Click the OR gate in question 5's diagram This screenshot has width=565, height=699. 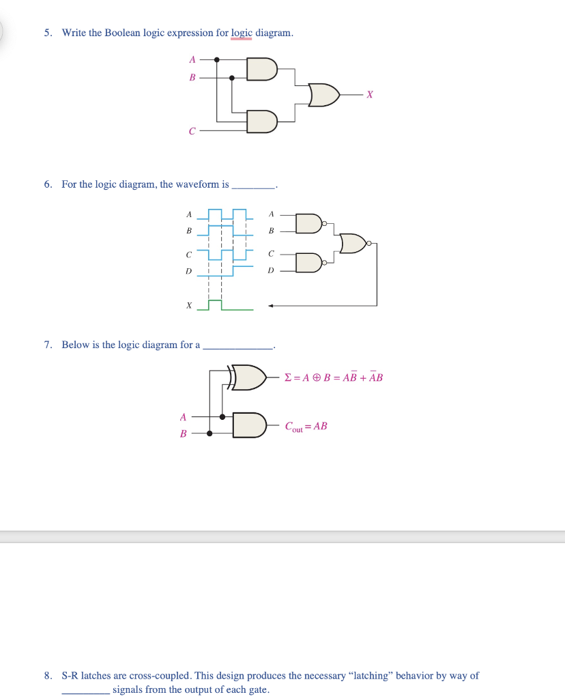click(323, 95)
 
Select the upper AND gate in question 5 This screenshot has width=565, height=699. click(262, 69)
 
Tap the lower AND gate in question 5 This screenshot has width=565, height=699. click(262, 122)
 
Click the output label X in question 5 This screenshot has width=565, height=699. click(370, 96)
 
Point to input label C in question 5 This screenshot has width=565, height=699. click(192, 130)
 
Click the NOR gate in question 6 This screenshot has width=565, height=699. click(353, 243)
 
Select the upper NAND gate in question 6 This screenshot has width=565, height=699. click(308, 223)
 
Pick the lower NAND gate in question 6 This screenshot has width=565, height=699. click(308, 262)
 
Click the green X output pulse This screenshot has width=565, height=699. click(215, 304)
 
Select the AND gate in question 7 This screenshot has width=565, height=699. click(248, 425)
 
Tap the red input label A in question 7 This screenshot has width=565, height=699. click(182, 416)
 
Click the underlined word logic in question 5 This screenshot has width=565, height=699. click(242, 33)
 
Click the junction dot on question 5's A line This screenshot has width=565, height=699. click(217, 61)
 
